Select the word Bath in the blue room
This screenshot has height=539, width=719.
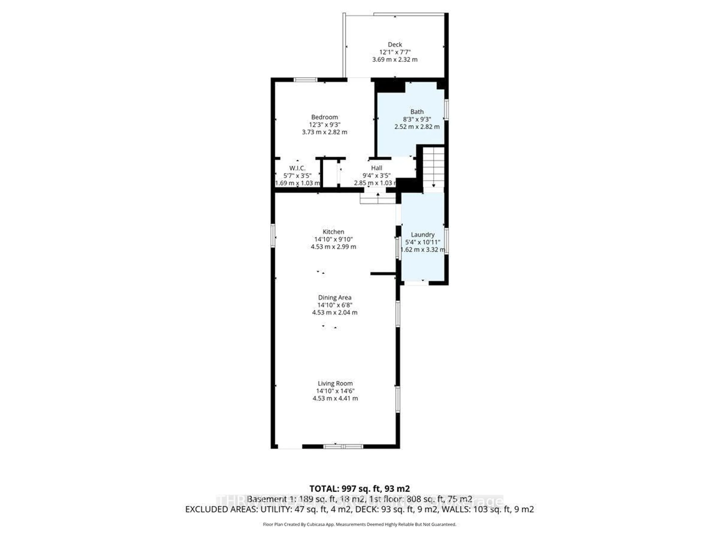(417, 112)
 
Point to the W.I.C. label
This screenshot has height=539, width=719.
(297, 168)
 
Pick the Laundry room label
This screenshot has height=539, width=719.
(423, 235)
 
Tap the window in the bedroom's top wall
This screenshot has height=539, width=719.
(306, 80)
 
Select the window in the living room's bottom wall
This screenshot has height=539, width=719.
(343, 446)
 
